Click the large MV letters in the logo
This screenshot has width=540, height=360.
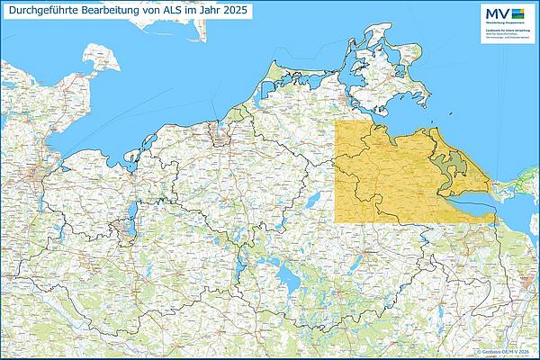click(495, 13)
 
